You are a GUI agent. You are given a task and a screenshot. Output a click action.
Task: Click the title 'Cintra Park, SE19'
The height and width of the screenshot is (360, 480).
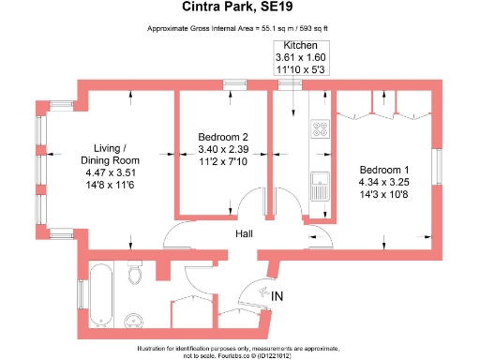[x=239, y=11]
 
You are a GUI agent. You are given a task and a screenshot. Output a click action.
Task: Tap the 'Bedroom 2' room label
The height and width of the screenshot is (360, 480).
[x=223, y=138]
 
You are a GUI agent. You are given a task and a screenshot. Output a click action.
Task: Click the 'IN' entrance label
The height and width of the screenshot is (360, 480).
[x=277, y=297]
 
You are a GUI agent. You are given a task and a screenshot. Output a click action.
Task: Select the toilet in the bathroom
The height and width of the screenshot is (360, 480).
[x=134, y=274]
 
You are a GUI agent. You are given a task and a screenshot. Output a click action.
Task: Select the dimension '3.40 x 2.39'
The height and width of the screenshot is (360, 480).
[x=223, y=149]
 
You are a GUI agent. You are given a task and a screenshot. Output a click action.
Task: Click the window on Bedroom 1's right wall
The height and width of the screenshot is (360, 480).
[x=436, y=168]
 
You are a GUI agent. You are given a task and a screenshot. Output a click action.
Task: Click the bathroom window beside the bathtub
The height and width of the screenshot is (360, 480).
[x=82, y=293]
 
